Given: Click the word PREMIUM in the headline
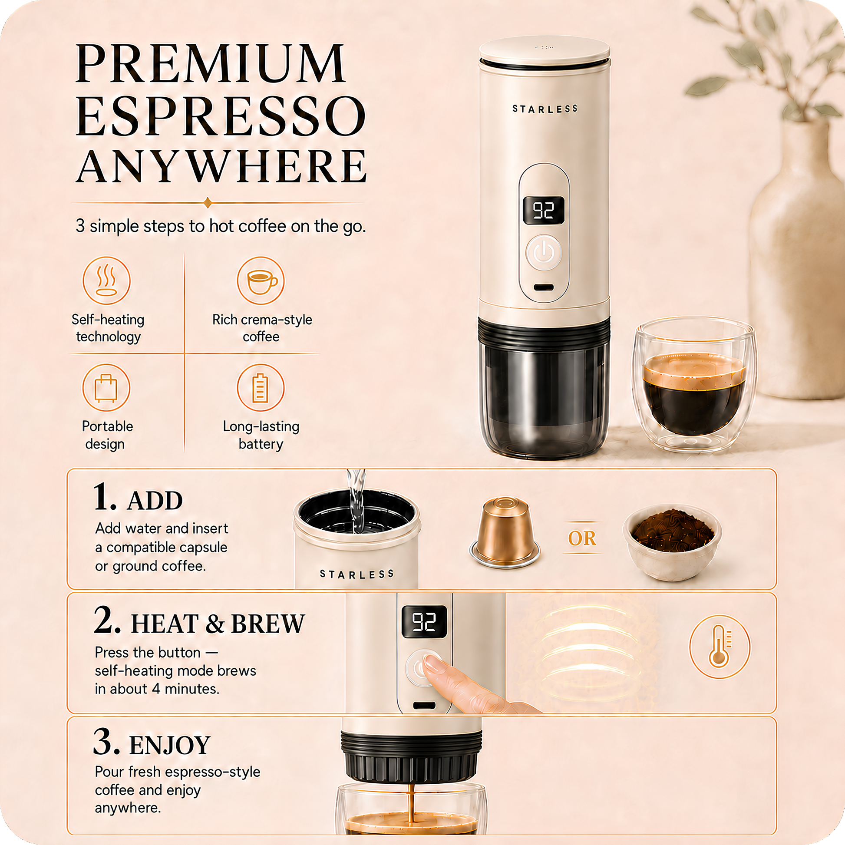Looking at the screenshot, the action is (x=210, y=63).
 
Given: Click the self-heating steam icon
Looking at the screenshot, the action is (x=106, y=281).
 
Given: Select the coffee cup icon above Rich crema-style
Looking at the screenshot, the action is (x=261, y=281).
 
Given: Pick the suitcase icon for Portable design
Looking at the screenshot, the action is (x=106, y=387).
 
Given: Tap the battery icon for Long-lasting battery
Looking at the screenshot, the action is (x=261, y=387).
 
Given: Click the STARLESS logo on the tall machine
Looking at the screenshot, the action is (x=545, y=109).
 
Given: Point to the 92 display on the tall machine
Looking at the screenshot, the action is (x=544, y=211).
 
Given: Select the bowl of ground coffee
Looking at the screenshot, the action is (x=673, y=543).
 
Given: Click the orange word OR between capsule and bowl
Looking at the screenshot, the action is (x=582, y=538).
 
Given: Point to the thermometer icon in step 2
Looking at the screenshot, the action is (x=720, y=647).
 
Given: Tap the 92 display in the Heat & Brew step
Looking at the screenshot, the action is (x=424, y=621).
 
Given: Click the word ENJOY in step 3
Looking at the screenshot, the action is (x=170, y=745).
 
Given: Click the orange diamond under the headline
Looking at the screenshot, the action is (x=208, y=202).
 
